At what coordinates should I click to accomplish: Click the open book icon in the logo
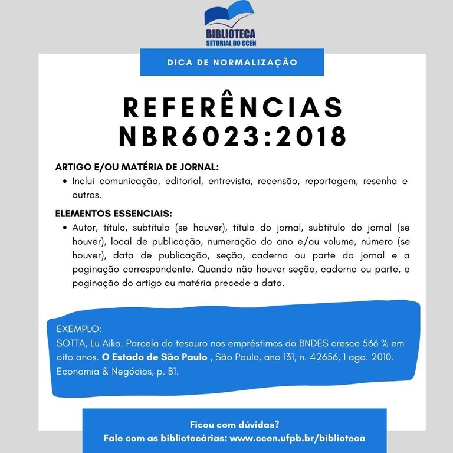(x=229, y=17)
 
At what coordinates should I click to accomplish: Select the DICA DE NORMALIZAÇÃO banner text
(x=232, y=62)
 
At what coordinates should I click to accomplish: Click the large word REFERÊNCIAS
(x=232, y=107)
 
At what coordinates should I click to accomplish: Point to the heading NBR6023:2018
(x=232, y=137)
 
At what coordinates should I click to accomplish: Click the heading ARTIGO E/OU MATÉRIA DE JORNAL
(x=137, y=167)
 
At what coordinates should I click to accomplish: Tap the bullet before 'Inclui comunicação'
(x=64, y=180)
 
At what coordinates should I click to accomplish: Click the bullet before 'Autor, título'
(x=64, y=227)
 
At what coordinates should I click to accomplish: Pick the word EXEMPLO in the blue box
(x=79, y=329)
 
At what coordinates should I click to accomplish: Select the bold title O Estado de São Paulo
(x=155, y=357)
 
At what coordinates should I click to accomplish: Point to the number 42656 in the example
(x=318, y=357)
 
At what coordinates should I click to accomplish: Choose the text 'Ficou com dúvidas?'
(x=234, y=424)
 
